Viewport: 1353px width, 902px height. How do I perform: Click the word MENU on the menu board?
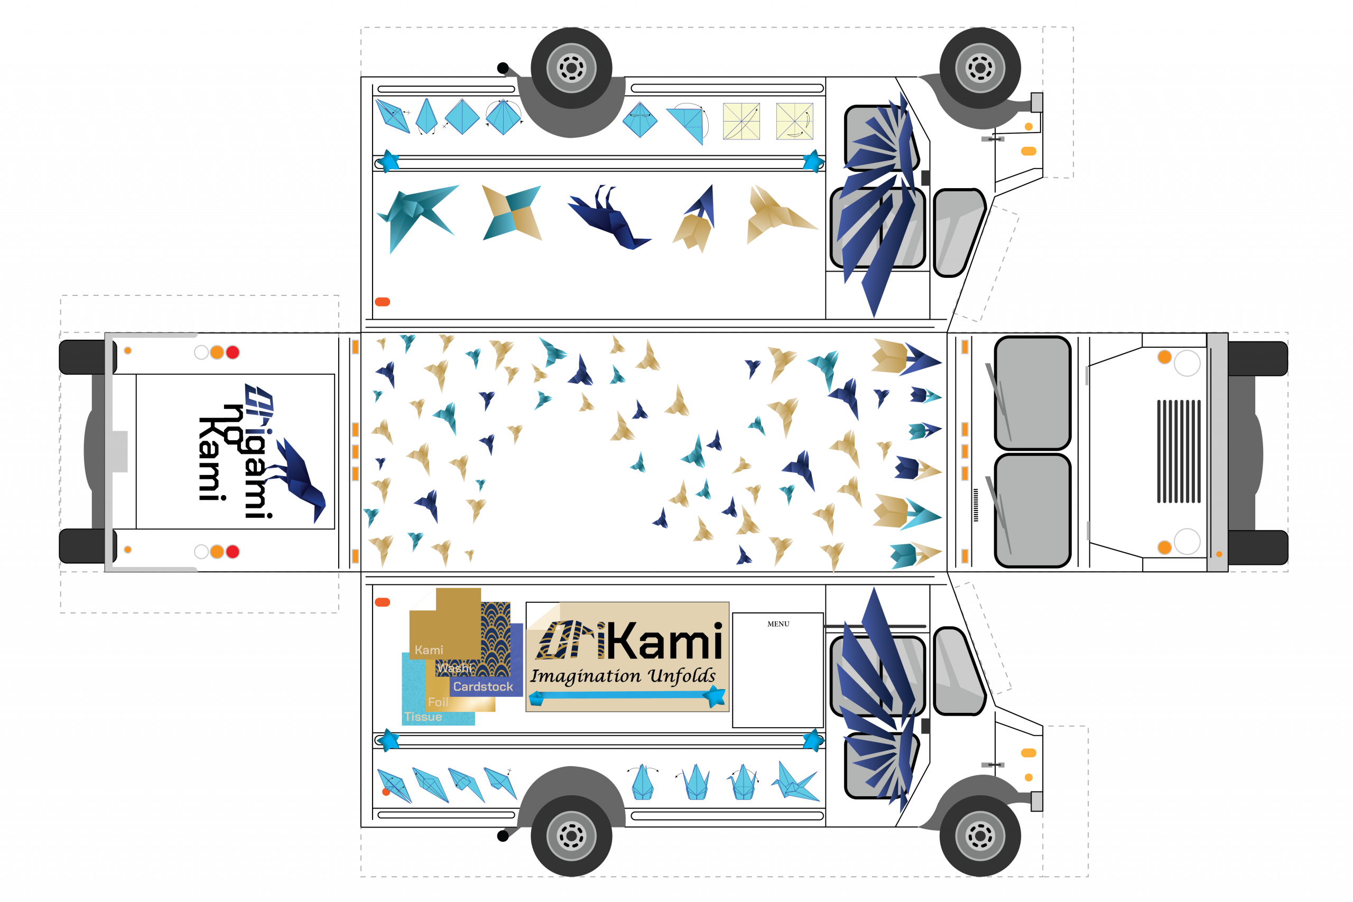point(778,624)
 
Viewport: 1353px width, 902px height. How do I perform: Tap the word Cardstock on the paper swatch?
point(483,686)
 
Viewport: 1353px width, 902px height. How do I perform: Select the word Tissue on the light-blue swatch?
point(423,717)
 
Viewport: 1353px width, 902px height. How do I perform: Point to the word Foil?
point(438,702)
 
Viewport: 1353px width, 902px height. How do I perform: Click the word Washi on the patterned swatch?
point(454,668)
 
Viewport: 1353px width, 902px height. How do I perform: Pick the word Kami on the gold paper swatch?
point(429,650)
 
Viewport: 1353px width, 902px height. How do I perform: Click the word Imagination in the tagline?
point(585,676)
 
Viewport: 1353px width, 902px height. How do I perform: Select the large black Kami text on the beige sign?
point(664,641)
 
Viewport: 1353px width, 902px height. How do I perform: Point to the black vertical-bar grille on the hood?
point(1178,451)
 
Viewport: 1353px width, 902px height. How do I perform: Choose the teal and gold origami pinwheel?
point(512,212)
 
